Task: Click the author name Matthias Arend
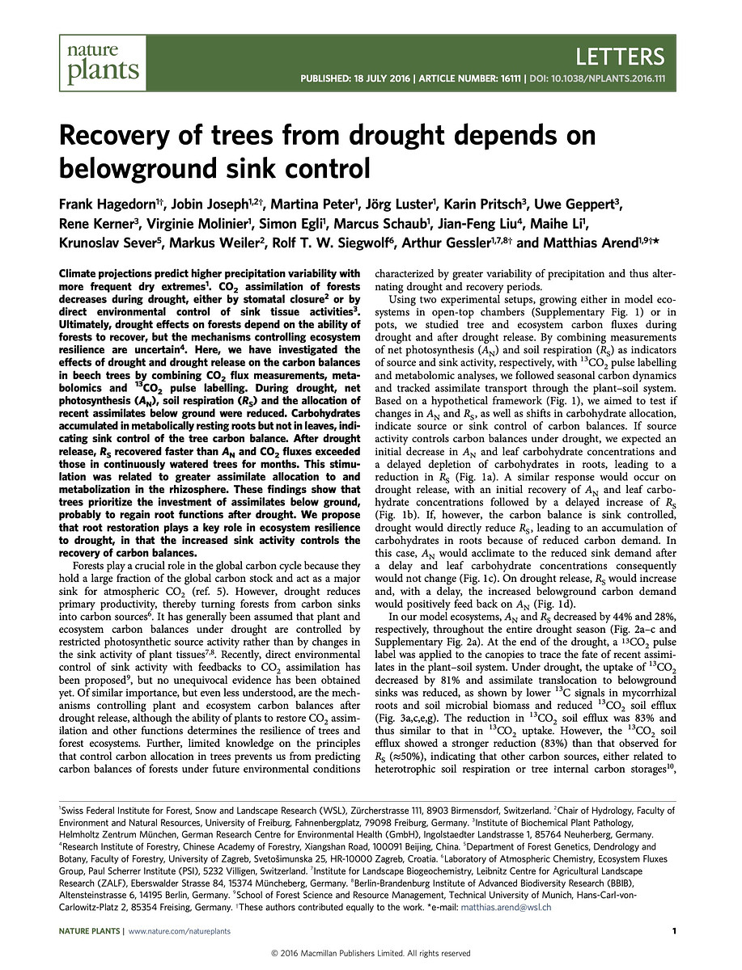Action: [584, 243]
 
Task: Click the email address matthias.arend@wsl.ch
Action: [506, 907]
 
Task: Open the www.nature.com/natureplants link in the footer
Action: [180, 931]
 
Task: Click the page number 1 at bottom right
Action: [674, 931]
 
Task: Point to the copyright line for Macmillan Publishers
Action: [371, 954]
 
